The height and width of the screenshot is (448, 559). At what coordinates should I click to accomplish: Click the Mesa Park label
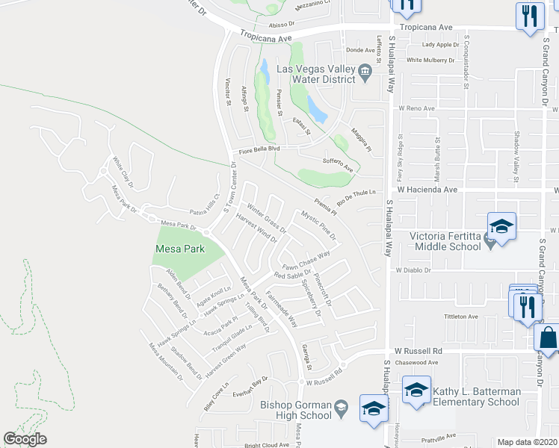[179, 249]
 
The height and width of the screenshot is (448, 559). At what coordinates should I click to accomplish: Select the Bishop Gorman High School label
[295, 410]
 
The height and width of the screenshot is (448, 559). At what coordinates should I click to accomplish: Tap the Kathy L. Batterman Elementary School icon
[416, 390]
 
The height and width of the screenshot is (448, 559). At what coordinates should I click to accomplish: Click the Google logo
[25, 439]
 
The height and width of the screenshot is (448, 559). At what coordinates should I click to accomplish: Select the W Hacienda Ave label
[427, 190]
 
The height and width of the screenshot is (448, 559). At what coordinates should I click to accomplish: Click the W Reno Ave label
[416, 108]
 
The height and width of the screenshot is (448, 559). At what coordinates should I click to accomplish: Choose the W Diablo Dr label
[415, 270]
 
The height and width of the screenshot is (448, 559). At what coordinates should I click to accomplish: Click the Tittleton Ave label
[460, 317]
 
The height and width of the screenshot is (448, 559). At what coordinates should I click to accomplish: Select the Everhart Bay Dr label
[250, 384]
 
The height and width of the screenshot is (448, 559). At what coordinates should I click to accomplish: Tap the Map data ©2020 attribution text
[528, 442]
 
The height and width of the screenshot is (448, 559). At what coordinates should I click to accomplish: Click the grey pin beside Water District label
[365, 73]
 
